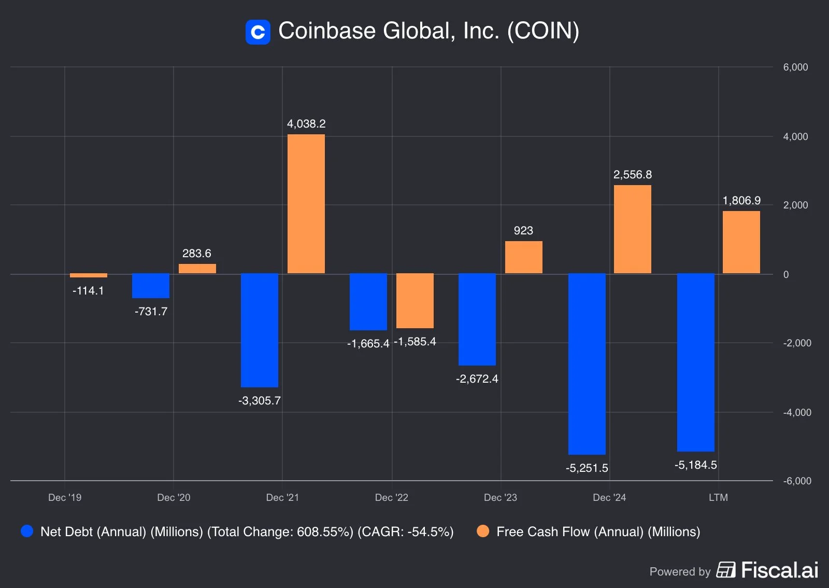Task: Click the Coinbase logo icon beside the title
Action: click(x=258, y=32)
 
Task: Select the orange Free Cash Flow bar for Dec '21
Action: click(x=306, y=204)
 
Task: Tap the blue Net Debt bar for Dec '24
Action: click(x=587, y=363)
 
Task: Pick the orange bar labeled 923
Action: click(x=523, y=257)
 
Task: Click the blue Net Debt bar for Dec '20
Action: click(x=151, y=286)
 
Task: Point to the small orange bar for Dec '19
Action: click(x=89, y=275)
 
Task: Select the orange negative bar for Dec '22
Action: click(x=415, y=301)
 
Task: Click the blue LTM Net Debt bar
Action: click(x=695, y=362)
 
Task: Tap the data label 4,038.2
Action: click(x=306, y=124)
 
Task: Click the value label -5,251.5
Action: click(x=587, y=468)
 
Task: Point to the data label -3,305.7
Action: click(x=259, y=401)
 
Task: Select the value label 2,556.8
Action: click(x=632, y=175)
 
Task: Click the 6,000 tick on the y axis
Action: click(x=795, y=67)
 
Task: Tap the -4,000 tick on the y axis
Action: click(x=797, y=413)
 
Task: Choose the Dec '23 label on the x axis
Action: click(x=500, y=498)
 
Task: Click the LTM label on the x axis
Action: click(x=718, y=498)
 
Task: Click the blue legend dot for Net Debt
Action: click(x=27, y=531)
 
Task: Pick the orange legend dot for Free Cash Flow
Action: click(x=483, y=531)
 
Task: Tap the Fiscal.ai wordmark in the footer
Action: click(x=779, y=570)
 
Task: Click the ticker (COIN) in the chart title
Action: click(x=543, y=31)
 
